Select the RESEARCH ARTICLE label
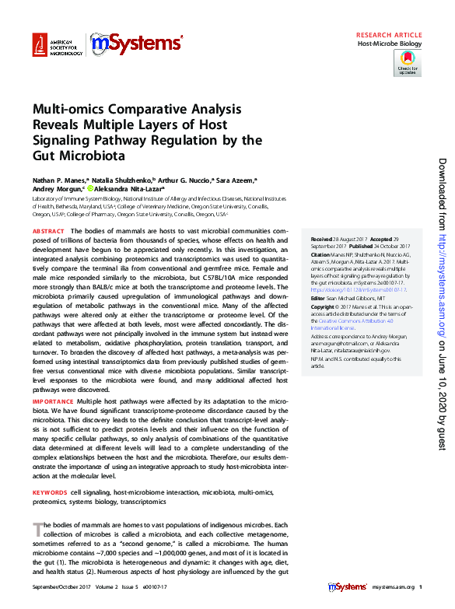(389, 36)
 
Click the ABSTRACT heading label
(48, 232)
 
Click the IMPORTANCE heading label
(53, 401)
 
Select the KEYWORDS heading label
(50, 492)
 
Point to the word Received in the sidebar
(323, 240)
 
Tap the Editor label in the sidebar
(318, 298)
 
